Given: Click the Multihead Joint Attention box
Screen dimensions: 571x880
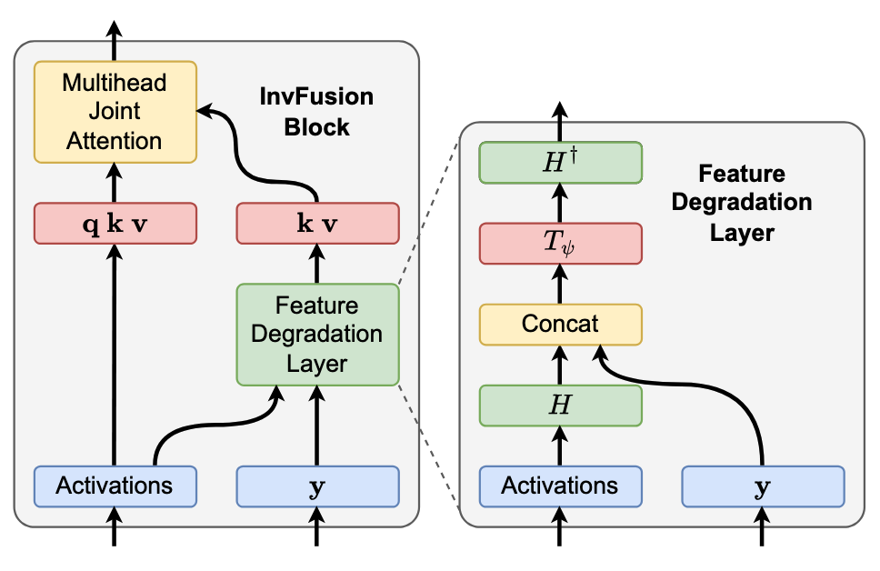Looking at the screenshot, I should click(x=115, y=112).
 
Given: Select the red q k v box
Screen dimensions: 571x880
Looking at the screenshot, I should click(x=115, y=224).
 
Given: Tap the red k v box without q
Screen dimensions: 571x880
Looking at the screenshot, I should click(x=317, y=224).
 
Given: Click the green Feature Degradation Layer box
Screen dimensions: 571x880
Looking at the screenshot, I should click(x=317, y=334).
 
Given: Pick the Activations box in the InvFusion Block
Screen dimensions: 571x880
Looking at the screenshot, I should click(x=115, y=486).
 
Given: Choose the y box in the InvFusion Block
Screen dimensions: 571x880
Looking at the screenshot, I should click(x=317, y=486).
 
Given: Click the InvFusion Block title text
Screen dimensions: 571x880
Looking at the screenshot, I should click(x=316, y=112).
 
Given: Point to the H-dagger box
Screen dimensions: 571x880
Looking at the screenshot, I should click(x=560, y=164).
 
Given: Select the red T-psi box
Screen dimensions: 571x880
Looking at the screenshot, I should click(x=560, y=244).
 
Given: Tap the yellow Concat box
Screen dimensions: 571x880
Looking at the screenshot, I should click(x=560, y=324).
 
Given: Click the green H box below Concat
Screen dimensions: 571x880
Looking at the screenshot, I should click(x=560, y=405).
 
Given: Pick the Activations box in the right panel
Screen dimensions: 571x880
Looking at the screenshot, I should click(x=560, y=486).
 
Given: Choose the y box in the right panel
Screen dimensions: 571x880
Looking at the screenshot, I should click(x=763, y=486).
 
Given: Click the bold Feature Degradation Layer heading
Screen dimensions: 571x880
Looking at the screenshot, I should click(x=741, y=203).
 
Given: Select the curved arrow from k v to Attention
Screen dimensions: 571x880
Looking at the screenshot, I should click(x=273, y=145).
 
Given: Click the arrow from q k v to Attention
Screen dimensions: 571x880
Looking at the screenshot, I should click(x=115, y=183).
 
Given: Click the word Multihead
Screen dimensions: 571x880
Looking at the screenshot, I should click(x=115, y=84).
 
